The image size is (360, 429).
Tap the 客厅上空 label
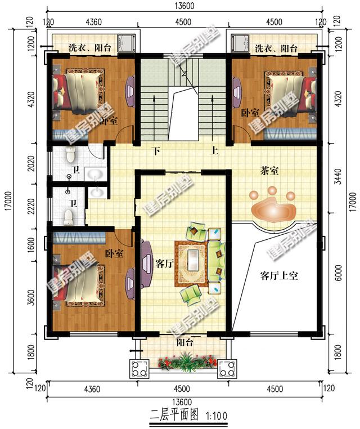click(278, 275)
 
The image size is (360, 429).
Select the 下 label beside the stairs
click(157, 151)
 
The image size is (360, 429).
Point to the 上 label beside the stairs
click(214, 151)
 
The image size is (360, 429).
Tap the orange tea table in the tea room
click(273, 208)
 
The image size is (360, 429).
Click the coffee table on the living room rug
click(193, 262)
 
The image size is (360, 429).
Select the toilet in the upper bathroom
click(70, 154)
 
